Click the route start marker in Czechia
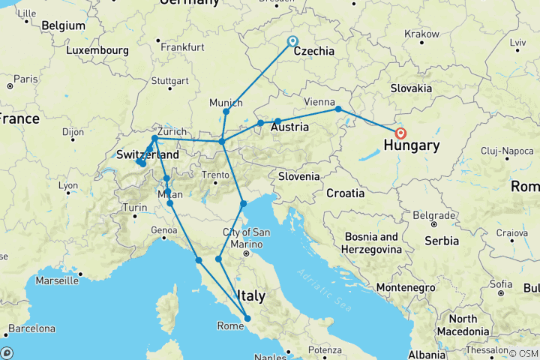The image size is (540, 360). (x=292, y=42)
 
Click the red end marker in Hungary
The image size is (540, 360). (x=400, y=133)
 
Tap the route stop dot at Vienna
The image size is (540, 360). (x=338, y=109)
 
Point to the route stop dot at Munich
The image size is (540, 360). (x=226, y=112)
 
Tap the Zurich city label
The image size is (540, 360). (x=172, y=129)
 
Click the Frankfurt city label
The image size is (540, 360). (x=181, y=47)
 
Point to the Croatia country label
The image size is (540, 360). (x=345, y=193)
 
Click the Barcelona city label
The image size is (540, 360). (x=31, y=328)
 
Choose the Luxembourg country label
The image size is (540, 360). (x=97, y=51)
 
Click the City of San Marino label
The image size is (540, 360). (x=242, y=238)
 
